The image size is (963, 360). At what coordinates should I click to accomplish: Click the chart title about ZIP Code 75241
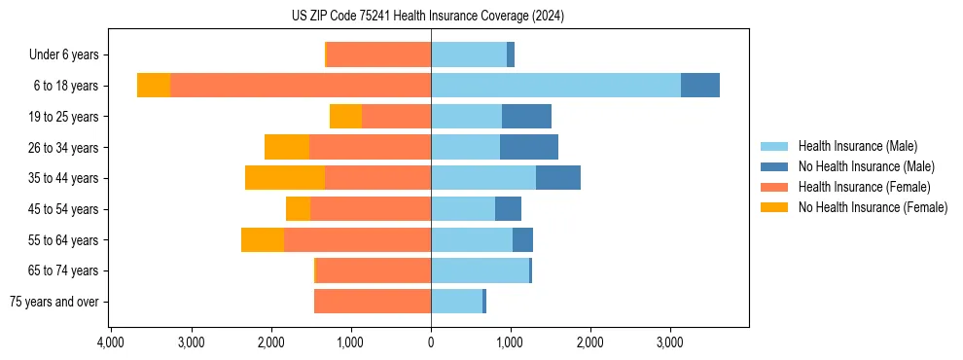click(427, 17)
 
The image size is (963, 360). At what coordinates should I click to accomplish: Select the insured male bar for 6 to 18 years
click(555, 85)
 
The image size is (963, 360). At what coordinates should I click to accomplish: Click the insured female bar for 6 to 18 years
click(301, 85)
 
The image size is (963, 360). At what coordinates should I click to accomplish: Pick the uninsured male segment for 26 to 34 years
click(529, 147)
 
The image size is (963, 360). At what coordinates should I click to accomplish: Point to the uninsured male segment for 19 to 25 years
click(526, 116)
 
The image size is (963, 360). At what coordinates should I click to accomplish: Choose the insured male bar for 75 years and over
click(456, 302)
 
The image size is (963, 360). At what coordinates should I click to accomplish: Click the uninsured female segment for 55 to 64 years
click(263, 239)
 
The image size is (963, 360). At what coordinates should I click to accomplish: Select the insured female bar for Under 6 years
click(378, 54)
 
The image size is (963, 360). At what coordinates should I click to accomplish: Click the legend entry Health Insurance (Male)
click(857, 146)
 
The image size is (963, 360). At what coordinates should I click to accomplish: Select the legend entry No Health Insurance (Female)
click(873, 207)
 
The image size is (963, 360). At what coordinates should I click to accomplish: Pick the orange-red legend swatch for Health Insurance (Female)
click(775, 187)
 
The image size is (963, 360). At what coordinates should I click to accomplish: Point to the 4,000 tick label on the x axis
click(111, 343)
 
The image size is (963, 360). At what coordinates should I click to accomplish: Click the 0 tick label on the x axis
click(431, 343)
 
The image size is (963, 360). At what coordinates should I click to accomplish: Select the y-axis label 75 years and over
click(53, 302)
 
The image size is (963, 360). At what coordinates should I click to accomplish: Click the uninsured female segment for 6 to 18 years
click(154, 85)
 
